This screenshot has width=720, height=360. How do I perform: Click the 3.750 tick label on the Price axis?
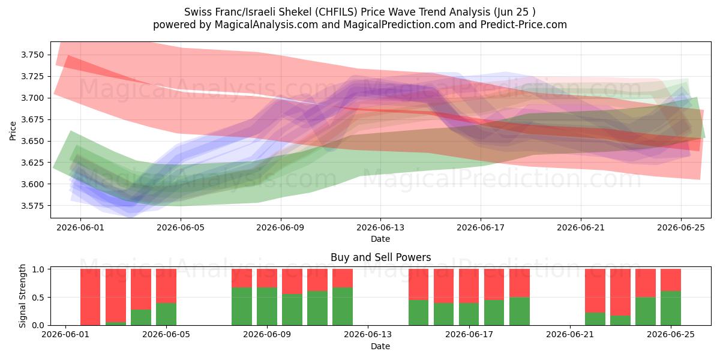pyautogui.click(x=32, y=55)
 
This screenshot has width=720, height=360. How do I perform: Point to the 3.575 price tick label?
pyautogui.click(x=32, y=206)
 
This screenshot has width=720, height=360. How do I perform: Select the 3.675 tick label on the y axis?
pyautogui.click(x=32, y=119)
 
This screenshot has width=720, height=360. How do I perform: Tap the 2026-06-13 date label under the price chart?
pyautogui.click(x=380, y=227)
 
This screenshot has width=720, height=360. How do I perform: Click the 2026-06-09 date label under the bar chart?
pyautogui.click(x=267, y=335)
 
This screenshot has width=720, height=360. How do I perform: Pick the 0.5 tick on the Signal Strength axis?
pyautogui.click(x=38, y=298)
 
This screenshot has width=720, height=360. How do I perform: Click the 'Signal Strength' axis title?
pyautogui.click(x=22, y=296)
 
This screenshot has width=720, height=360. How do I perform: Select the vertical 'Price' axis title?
pyautogui.click(x=13, y=131)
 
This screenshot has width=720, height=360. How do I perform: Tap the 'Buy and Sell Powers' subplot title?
pyautogui.click(x=380, y=257)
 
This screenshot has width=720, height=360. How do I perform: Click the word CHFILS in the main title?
pyautogui.click(x=336, y=12)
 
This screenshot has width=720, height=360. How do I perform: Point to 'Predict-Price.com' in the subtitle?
pyautogui.click(x=524, y=25)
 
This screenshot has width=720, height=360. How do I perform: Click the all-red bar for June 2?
pyautogui.click(x=91, y=297)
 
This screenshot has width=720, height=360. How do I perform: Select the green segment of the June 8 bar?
pyautogui.click(x=242, y=306)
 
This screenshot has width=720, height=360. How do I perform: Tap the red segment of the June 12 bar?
pyautogui.click(x=343, y=278)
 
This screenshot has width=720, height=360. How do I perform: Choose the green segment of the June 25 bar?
pyautogui.click(x=671, y=308)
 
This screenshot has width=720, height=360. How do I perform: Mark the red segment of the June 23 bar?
pyautogui.click(x=620, y=292)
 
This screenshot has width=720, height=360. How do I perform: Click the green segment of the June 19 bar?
pyautogui.click(x=520, y=311)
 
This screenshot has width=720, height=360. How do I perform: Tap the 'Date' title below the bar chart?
pyautogui.click(x=380, y=346)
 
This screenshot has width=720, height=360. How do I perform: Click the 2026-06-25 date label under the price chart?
pyautogui.click(x=681, y=227)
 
